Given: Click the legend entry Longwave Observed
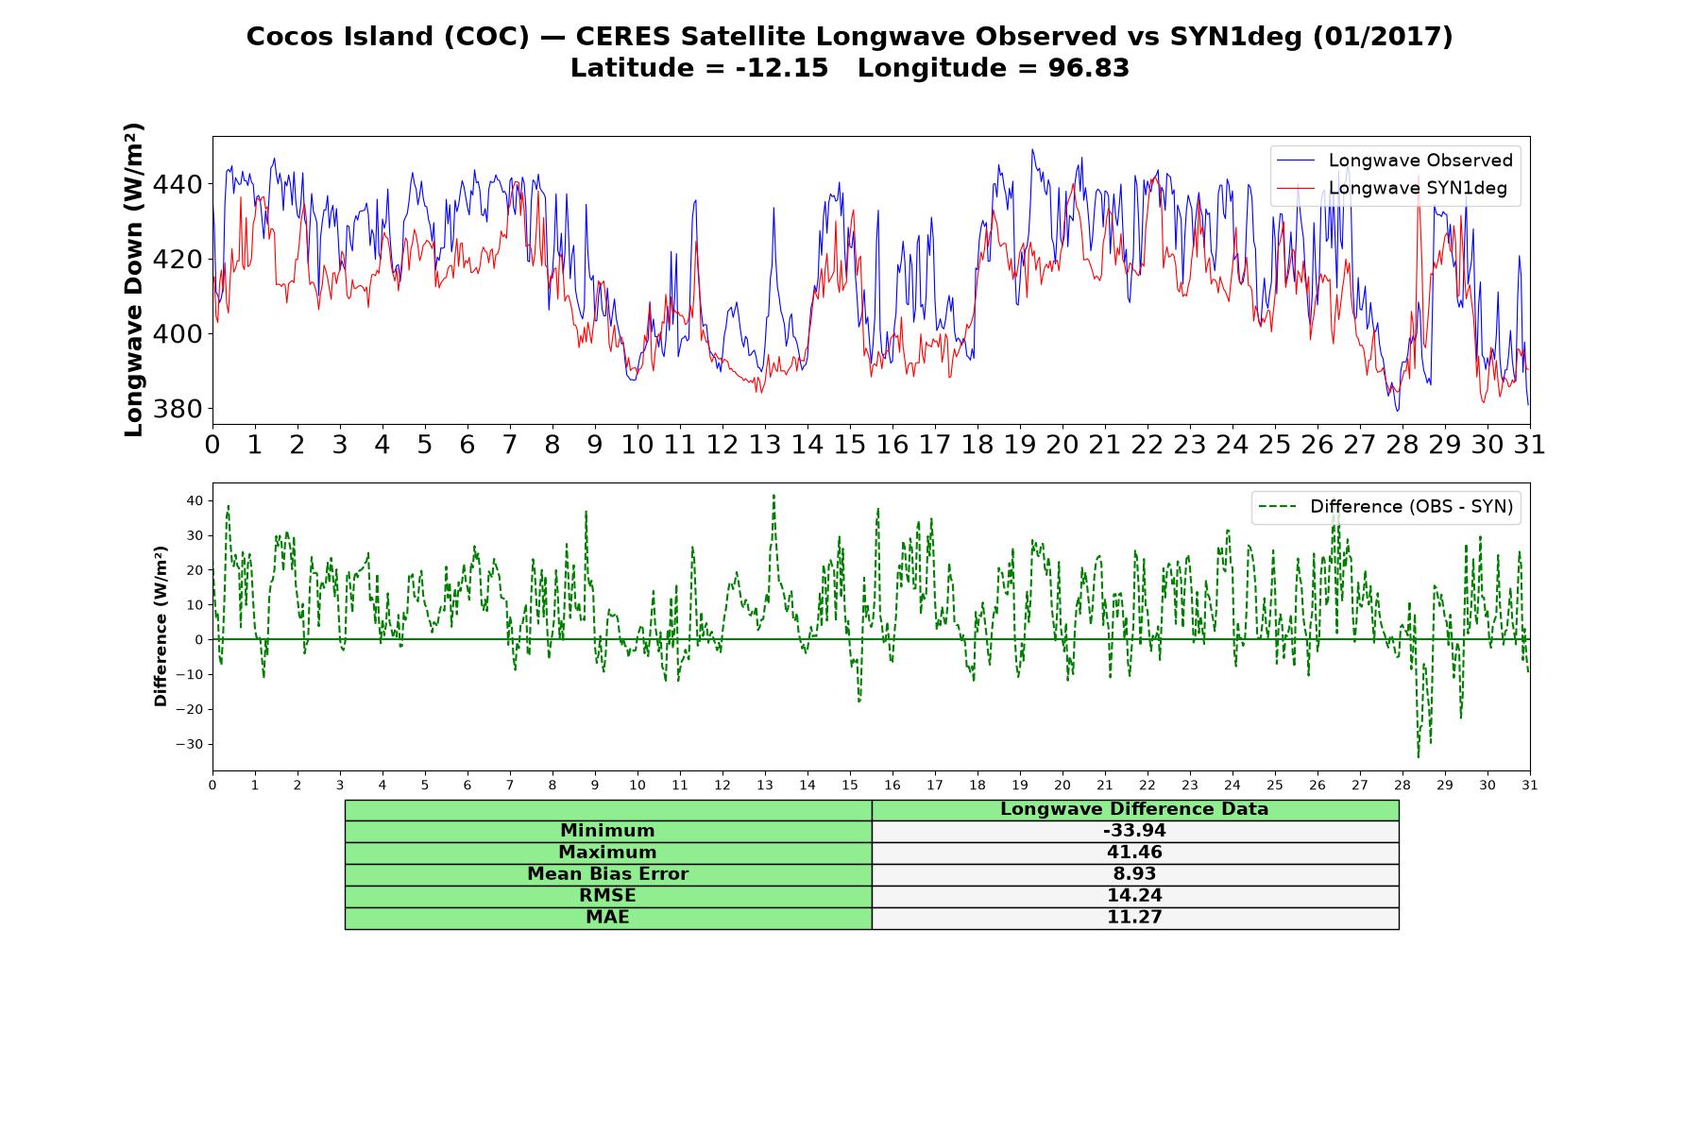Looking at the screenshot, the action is point(1394,161).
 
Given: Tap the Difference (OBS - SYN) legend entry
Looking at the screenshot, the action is point(1385,507).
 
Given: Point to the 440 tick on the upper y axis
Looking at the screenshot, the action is point(179,184).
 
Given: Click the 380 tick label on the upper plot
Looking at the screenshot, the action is point(179,409).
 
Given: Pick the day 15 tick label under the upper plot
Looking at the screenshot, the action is point(850,445).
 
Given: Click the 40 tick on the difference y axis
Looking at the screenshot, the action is point(195,500).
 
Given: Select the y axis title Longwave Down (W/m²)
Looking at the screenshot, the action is point(134,279).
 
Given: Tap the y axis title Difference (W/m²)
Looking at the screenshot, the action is point(161,626).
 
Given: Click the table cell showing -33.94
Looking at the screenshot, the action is point(1134,831).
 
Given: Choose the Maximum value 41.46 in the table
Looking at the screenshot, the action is point(1134,853).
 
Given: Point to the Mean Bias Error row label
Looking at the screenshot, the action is point(607,874).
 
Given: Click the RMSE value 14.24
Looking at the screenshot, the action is point(1134,896).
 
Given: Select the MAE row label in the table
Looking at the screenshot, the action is point(607,918).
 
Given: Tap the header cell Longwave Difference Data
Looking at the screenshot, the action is point(1134,809).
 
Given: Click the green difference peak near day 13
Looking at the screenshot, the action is point(773,495).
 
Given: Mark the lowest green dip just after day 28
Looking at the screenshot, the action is point(1418,756).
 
